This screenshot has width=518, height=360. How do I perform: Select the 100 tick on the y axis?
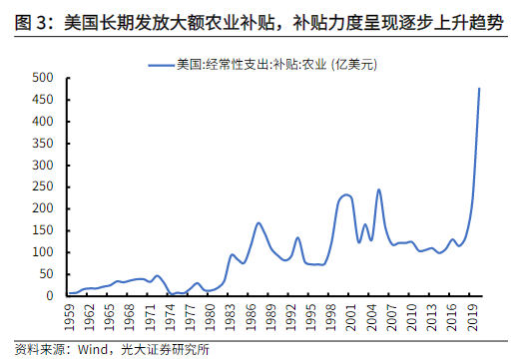pos(46,252)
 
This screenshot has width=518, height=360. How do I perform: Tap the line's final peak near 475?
pos(480,89)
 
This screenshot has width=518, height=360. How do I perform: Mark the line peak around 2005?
pos(378,189)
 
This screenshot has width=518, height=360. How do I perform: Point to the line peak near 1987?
pos(259,222)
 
